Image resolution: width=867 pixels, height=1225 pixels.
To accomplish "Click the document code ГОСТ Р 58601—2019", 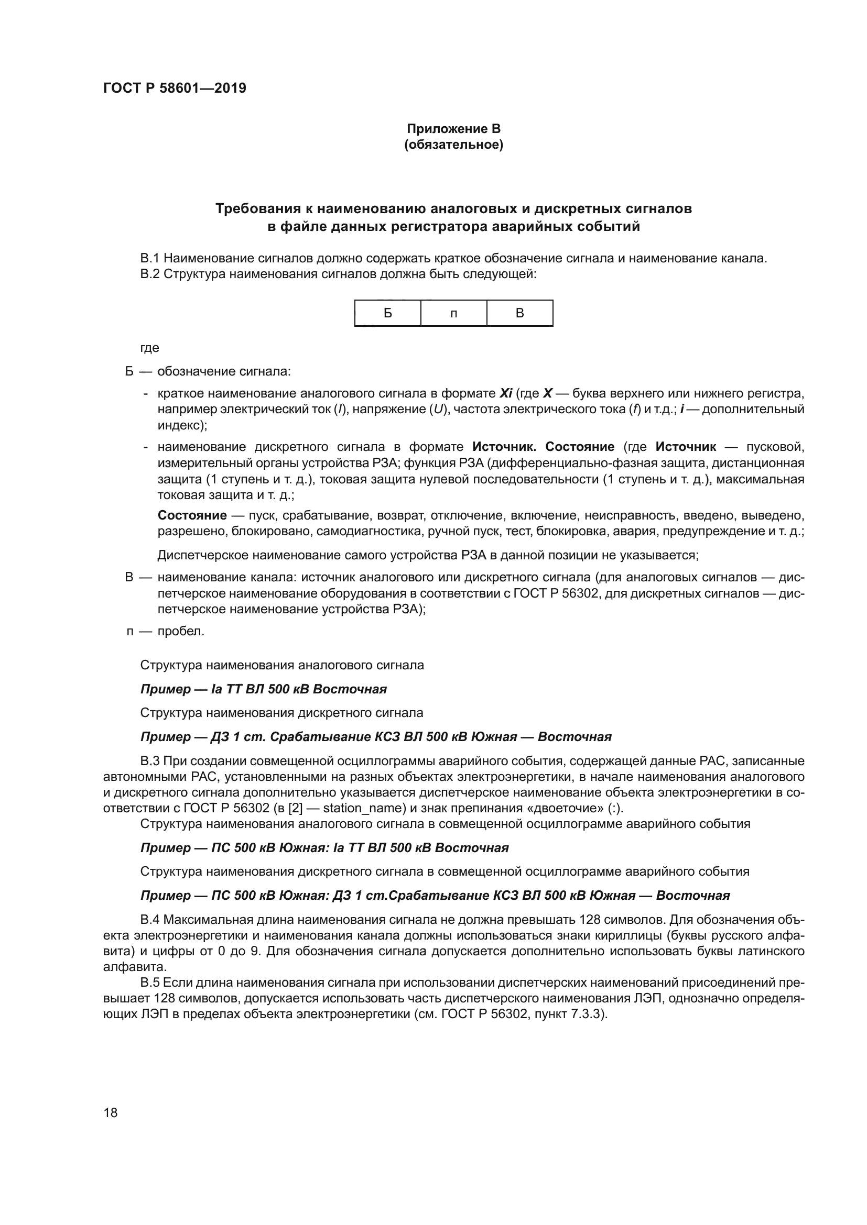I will pos(175,89).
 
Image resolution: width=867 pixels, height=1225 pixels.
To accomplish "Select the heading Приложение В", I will pos(453,129).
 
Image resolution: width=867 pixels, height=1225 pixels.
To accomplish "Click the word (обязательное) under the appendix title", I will pos(453,145).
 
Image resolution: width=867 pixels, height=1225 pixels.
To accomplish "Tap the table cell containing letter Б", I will pos(387,313).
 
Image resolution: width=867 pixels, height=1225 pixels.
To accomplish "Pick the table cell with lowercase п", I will pos(453,314).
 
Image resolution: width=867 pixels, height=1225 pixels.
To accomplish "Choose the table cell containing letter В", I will pos(519,313).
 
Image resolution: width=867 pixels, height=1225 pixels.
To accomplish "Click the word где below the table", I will pos(149,348).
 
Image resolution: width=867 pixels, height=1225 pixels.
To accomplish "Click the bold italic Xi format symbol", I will pos(505,394).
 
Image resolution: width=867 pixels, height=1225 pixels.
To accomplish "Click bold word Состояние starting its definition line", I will pos(192,515).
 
